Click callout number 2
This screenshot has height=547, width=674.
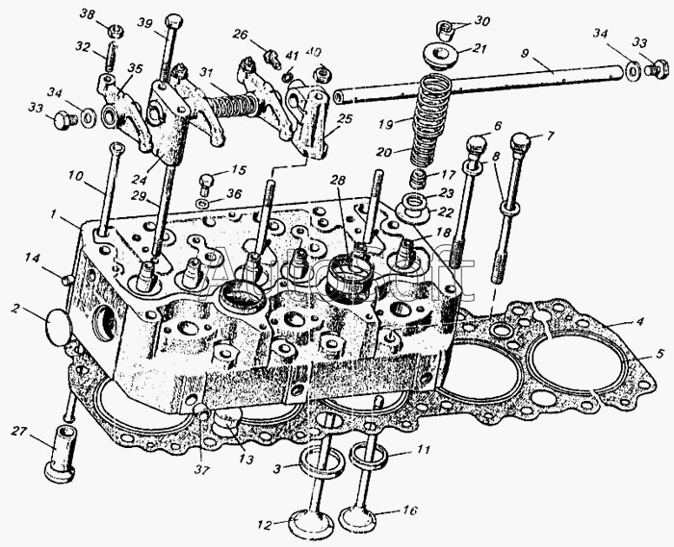pyautogui.click(x=15, y=309)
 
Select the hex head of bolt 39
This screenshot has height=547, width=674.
pyautogui.click(x=173, y=20)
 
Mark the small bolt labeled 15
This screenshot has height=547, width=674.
pyautogui.click(x=204, y=182)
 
